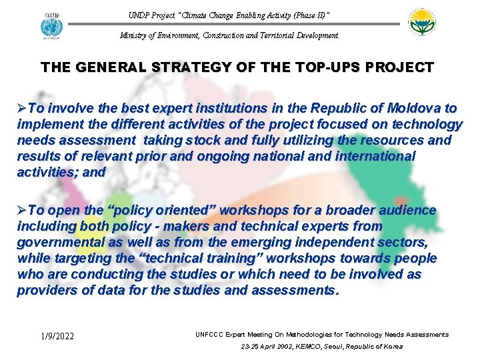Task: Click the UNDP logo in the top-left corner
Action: [x=50, y=25]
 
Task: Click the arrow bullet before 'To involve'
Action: [x=22, y=109]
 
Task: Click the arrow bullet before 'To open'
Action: [x=22, y=211]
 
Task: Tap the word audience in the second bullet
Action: [x=407, y=211]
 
